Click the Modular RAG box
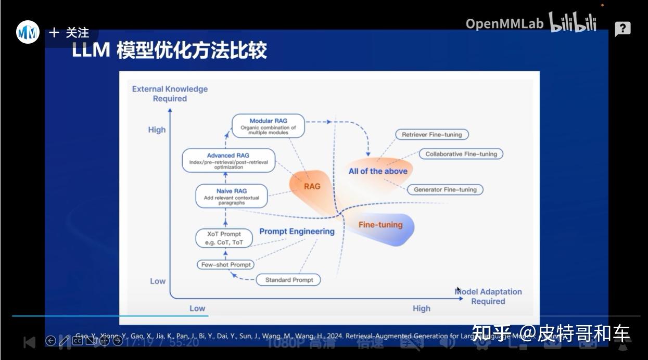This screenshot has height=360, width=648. click(x=268, y=126)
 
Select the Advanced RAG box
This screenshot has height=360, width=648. click(x=228, y=161)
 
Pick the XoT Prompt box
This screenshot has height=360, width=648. click(x=223, y=238)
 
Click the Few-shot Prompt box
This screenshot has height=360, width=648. click(x=226, y=265)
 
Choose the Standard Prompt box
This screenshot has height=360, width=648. click(x=289, y=280)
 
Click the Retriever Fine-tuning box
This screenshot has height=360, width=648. click(x=431, y=135)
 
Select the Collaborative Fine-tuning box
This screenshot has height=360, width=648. click(x=461, y=154)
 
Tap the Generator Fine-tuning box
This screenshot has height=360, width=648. click(x=444, y=190)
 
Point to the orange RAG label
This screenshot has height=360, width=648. click(x=312, y=186)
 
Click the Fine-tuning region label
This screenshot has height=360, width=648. click(x=380, y=225)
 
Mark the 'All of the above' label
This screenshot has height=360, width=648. click(x=378, y=171)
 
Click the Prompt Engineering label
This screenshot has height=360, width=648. click(x=297, y=232)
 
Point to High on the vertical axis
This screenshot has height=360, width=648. click(x=157, y=130)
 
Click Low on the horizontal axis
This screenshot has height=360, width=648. click(x=197, y=308)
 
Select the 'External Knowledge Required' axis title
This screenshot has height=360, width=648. click(x=170, y=94)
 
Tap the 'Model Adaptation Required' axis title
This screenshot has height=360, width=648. click(x=488, y=297)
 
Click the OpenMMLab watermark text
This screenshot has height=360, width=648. click(x=504, y=23)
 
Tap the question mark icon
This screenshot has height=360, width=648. click(x=622, y=29)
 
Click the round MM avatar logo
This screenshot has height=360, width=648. click(x=28, y=33)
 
